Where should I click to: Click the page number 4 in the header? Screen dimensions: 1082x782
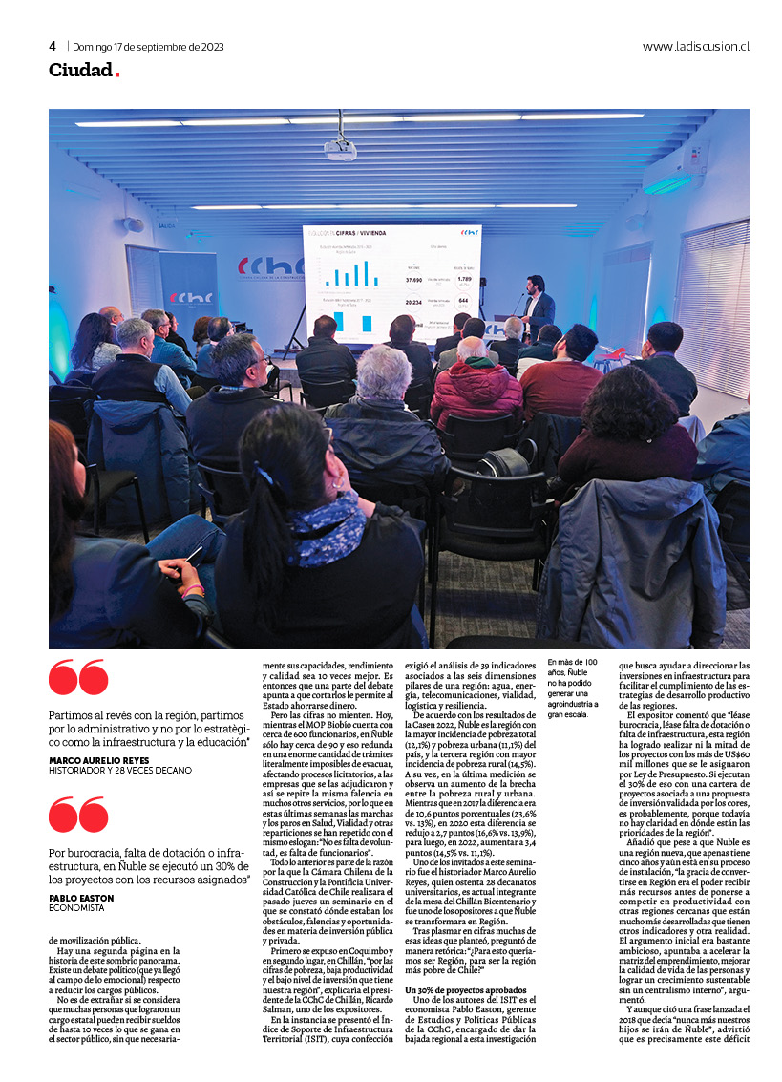click(53, 46)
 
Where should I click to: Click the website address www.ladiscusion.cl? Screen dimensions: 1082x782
click(695, 46)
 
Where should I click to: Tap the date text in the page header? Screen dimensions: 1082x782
click(148, 46)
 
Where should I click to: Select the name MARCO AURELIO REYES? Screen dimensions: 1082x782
click(98, 760)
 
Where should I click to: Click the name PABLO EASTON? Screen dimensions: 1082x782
click(81, 898)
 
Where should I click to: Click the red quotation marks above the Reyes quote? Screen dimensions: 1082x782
click(77, 678)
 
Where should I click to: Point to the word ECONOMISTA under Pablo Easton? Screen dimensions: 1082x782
click(77, 908)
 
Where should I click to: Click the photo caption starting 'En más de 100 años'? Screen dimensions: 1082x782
click(576, 688)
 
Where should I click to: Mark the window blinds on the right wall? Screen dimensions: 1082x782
click(710, 306)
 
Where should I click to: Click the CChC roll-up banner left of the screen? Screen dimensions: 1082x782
click(188, 286)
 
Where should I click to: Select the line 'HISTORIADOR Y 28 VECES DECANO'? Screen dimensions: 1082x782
click(119, 771)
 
